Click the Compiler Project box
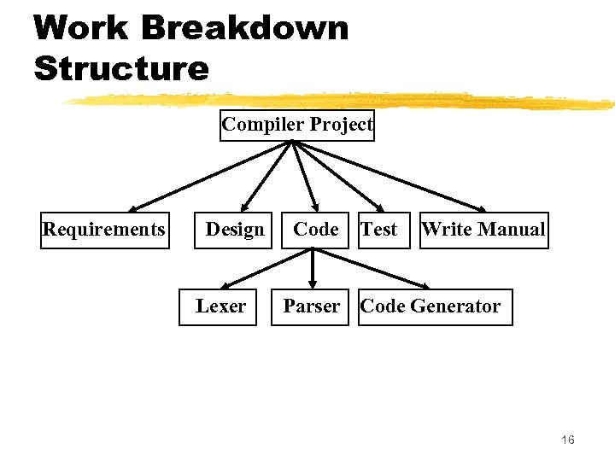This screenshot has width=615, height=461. tap(297, 125)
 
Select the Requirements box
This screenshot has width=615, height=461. tap(105, 230)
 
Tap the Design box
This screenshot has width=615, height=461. tap(235, 230)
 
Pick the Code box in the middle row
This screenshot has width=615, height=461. tap(315, 230)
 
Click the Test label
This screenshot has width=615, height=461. tap(379, 230)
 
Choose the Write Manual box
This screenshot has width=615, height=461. tap(483, 230)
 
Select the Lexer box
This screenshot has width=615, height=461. tap(220, 306)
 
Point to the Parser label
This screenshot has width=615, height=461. tap(312, 306)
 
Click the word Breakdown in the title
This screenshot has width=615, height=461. tap(244, 27)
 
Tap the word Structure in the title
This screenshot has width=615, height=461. tap(121, 68)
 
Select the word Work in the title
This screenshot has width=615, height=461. tap(81, 27)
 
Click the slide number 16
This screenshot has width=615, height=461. tap(568, 440)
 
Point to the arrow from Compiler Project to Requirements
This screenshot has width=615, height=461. tap(209, 175)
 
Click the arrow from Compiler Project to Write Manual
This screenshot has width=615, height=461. tap(389, 175)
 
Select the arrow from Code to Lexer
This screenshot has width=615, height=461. tap(265, 267)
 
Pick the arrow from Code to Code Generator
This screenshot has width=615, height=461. tap(372, 267)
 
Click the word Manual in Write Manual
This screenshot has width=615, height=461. tap(512, 230)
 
